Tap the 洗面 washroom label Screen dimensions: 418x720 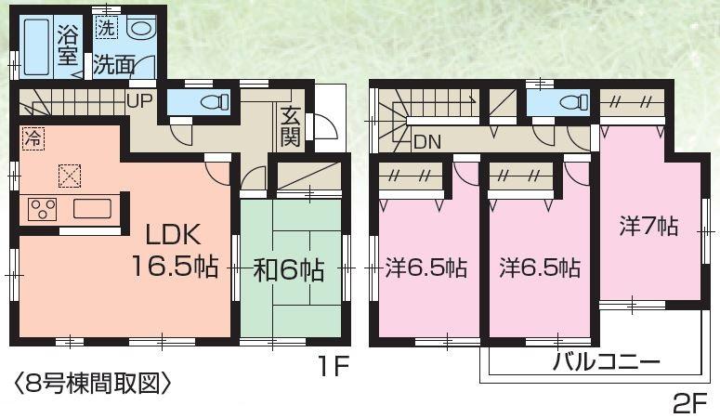(114, 66)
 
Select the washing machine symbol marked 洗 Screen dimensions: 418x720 (106, 29)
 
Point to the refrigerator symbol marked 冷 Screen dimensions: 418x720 (33, 140)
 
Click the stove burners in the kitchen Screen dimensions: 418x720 (42, 208)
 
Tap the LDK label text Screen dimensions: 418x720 (170, 234)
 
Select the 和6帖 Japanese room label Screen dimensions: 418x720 (289, 270)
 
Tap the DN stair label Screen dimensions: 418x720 (427, 142)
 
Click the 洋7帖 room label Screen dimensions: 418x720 (648, 226)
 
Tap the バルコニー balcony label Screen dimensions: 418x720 (606, 361)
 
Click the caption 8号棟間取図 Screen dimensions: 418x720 (92, 382)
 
